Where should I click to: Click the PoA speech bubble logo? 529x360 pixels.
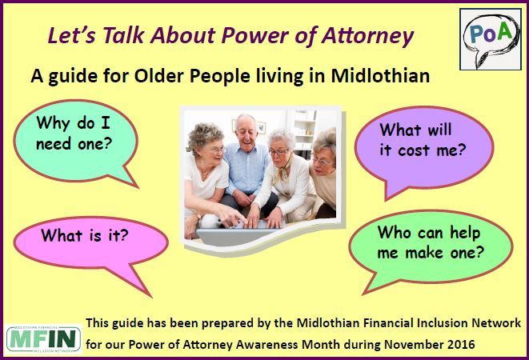click(491, 39)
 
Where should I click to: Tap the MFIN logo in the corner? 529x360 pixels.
click(43, 339)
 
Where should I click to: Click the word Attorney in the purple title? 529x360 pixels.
click(367, 36)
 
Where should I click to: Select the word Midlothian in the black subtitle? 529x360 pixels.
click(380, 75)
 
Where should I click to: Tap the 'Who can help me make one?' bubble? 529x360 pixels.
click(430, 248)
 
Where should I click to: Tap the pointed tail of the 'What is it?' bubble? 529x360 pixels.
click(150, 297)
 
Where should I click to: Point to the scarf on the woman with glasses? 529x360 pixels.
click(284, 170)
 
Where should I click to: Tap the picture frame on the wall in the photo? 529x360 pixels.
click(261, 127)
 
